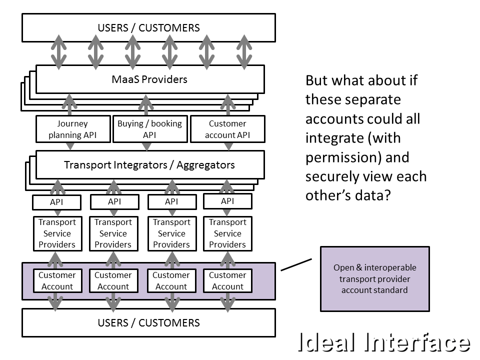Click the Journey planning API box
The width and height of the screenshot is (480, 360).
click(72, 129)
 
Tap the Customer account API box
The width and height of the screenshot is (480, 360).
click(227, 129)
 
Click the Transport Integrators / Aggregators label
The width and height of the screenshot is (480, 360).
click(149, 164)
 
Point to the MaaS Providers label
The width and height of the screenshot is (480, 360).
click(149, 79)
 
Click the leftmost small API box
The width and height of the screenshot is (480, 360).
click(56, 202)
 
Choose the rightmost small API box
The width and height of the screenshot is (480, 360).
click(227, 201)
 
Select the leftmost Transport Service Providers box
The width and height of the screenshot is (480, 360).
click(57, 233)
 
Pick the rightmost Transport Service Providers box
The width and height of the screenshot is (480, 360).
click(227, 233)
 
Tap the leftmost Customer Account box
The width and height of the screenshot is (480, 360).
click(57, 280)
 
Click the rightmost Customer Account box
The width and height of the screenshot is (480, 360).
click(227, 280)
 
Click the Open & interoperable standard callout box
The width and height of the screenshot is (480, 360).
click(374, 278)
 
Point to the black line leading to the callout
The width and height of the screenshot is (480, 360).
click(296, 264)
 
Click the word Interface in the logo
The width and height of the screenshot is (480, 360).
click(418, 343)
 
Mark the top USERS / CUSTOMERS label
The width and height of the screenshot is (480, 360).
click(148, 27)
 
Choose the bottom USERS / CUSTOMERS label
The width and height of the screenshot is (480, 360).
click(148, 322)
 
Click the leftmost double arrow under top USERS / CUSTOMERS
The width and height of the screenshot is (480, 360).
click(59, 52)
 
